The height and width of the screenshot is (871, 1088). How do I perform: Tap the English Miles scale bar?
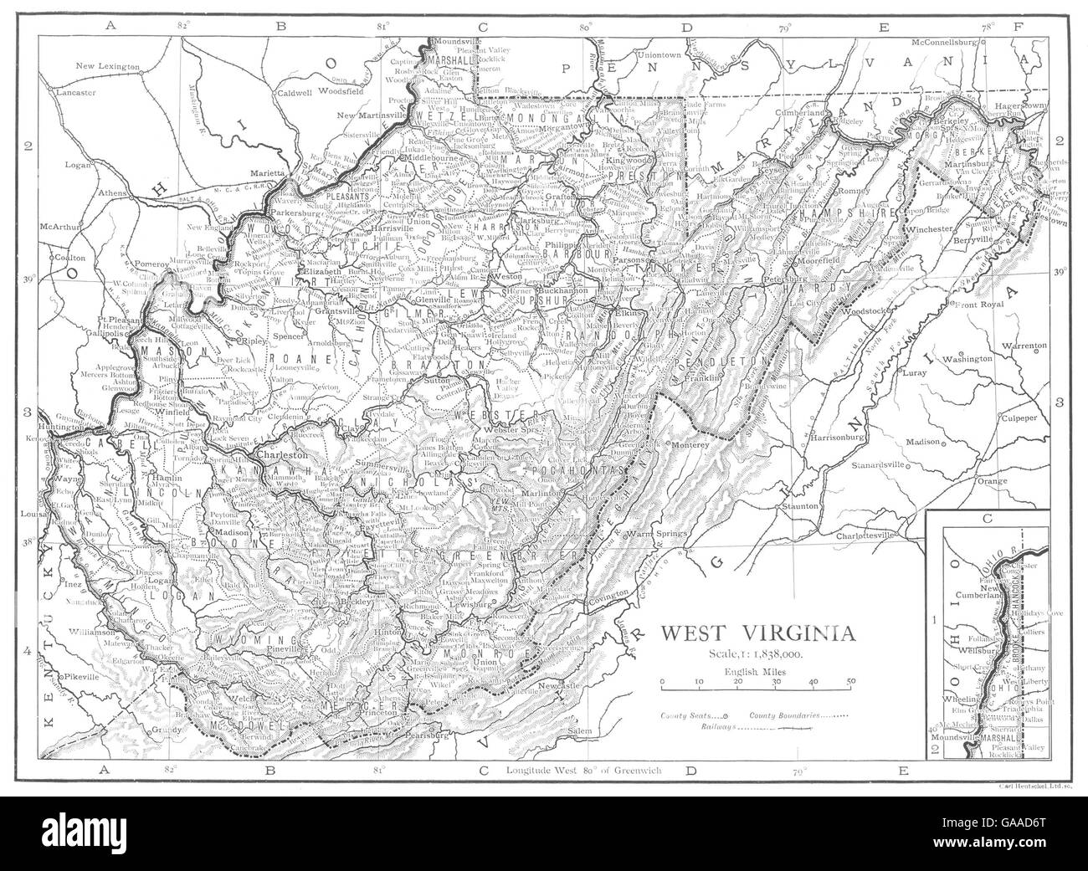tap(756, 684)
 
